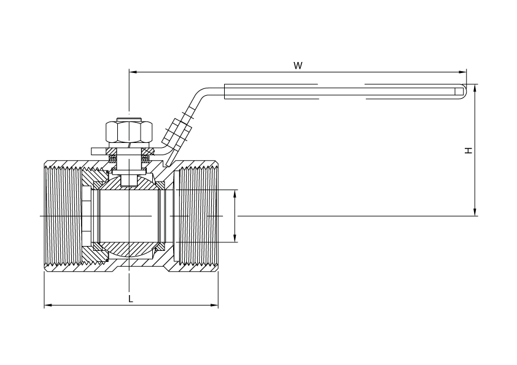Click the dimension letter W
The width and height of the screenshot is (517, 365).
(x=298, y=66)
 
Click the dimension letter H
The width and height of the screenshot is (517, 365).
(x=468, y=150)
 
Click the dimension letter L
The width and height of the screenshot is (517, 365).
(x=131, y=299)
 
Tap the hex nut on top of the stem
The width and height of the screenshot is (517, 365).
(x=128, y=132)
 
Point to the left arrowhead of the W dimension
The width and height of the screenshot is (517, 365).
(x=133, y=72)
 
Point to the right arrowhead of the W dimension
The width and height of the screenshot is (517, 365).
(x=463, y=72)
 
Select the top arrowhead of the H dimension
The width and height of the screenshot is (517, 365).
(x=475, y=88)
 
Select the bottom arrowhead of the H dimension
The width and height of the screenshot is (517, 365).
(x=475, y=212)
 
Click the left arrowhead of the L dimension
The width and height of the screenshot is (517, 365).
(x=48, y=305)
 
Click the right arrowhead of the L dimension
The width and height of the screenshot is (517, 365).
(x=214, y=305)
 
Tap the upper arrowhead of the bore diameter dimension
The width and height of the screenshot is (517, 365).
(x=235, y=194)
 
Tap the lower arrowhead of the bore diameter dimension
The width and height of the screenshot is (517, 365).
(x=235, y=238)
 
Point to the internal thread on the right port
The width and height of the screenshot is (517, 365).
(x=197, y=216)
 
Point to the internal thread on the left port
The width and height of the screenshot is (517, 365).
(x=63, y=216)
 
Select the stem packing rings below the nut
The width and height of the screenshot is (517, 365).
(x=129, y=159)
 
